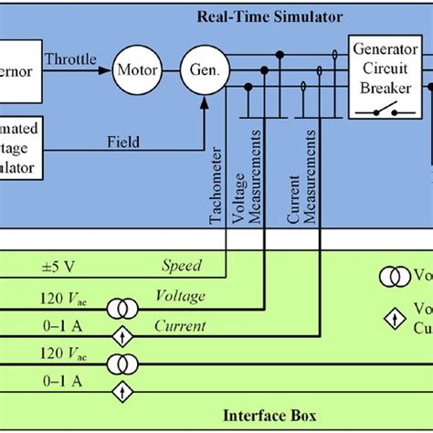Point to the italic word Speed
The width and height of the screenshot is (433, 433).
[182, 266]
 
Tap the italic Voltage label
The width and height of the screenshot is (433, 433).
[180, 295]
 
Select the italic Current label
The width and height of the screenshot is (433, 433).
[180, 325]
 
